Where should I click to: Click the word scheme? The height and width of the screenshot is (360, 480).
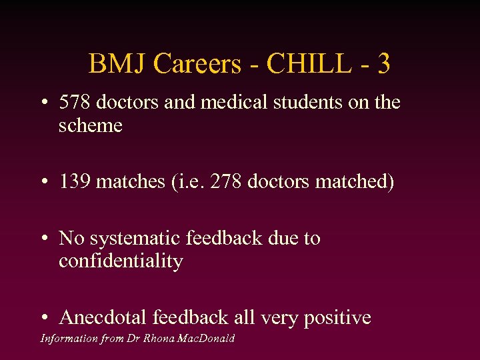[x=91, y=125]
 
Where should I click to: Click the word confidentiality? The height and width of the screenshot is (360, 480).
[x=121, y=261]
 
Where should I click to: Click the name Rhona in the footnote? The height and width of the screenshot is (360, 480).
[x=157, y=339]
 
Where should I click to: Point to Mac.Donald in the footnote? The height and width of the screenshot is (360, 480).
[x=205, y=339]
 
